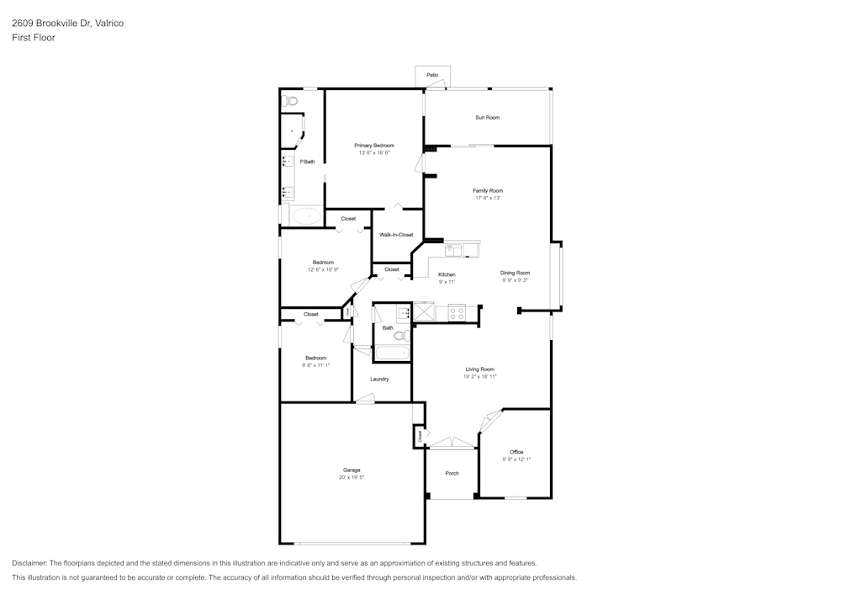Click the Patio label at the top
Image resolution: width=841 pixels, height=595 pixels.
[x=432, y=75]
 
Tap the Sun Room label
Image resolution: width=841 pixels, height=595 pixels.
[x=487, y=117]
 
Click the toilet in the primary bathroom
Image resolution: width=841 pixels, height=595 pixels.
[x=289, y=101]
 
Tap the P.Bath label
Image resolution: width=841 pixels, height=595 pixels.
[x=307, y=162]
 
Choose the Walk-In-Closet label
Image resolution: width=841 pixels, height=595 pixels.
[x=396, y=235]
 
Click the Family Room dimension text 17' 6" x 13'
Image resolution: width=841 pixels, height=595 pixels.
[x=487, y=199]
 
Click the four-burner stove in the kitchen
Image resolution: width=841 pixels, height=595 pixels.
[x=457, y=312]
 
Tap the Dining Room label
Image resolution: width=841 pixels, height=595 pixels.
[x=515, y=273]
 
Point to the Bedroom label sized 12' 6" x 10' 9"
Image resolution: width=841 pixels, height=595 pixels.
[x=323, y=263]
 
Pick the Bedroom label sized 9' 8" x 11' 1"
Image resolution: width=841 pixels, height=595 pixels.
[x=315, y=358]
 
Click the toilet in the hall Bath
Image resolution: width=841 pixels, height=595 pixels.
[x=400, y=335]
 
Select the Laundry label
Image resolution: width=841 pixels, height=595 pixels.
[x=379, y=379]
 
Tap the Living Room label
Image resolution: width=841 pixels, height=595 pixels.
[x=479, y=369]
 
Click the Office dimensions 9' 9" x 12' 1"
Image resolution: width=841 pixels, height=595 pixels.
[x=516, y=460]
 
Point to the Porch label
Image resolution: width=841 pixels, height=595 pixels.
[x=452, y=473]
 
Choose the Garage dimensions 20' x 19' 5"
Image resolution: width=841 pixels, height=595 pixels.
[x=351, y=477]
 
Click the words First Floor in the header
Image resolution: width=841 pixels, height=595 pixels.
[x=34, y=38]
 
